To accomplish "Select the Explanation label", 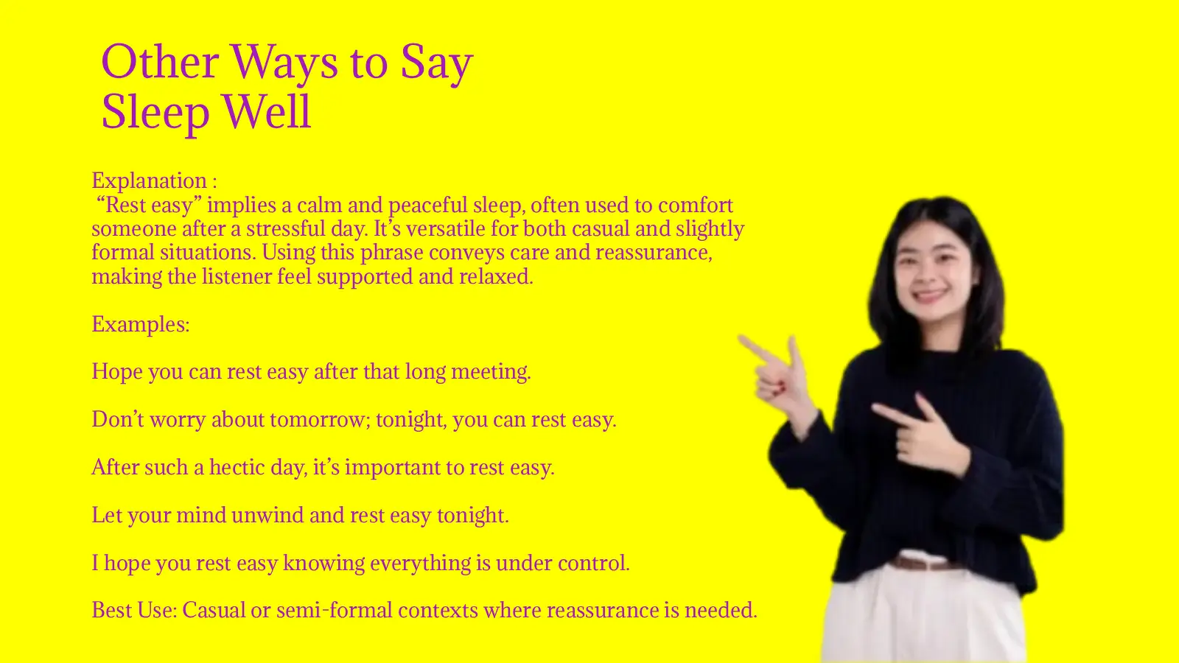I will click(x=149, y=180).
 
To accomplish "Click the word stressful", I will click(x=285, y=228).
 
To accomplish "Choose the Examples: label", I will click(x=140, y=324).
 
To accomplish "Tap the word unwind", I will click(x=267, y=515).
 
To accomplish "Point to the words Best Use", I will click(x=133, y=610).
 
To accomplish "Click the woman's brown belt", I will click(x=925, y=564).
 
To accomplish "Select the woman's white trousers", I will click(x=921, y=619).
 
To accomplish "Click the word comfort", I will click(x=695, y=205).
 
